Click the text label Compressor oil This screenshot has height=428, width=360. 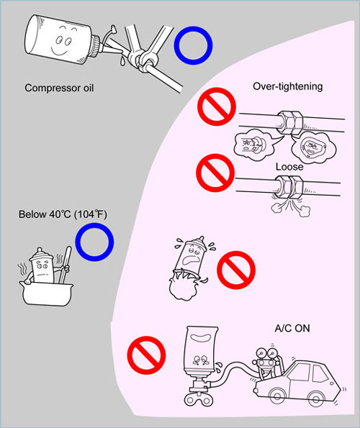(59, 88)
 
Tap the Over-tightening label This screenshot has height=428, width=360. (287, 86)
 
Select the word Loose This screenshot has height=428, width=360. (289, 166)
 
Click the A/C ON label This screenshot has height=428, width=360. (292, 328)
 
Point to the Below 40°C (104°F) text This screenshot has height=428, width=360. (63, 214)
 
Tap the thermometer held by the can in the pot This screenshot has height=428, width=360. (66, 265)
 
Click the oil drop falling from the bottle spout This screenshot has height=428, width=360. (122, 61)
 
